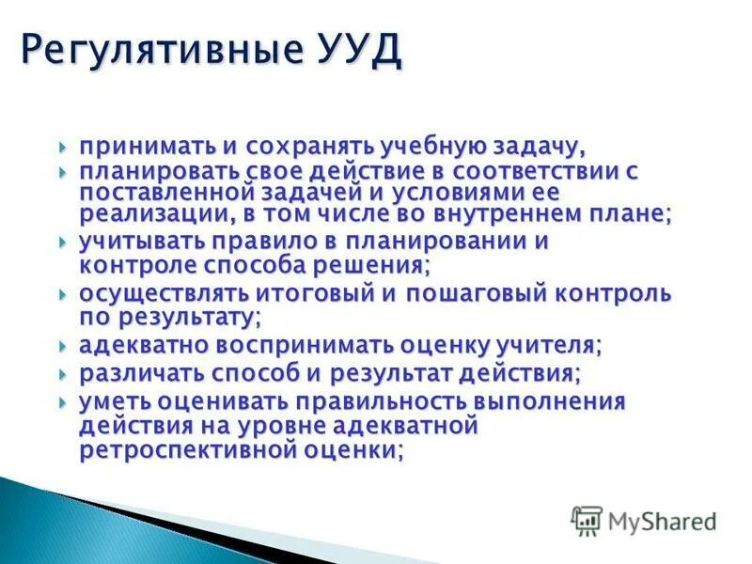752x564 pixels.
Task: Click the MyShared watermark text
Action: pyautogui.click(x=662, y=521)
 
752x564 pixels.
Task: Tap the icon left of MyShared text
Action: pyautogui.click(x=587, y=520)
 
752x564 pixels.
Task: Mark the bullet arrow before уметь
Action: pyautogui.click(x=63, y=403)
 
